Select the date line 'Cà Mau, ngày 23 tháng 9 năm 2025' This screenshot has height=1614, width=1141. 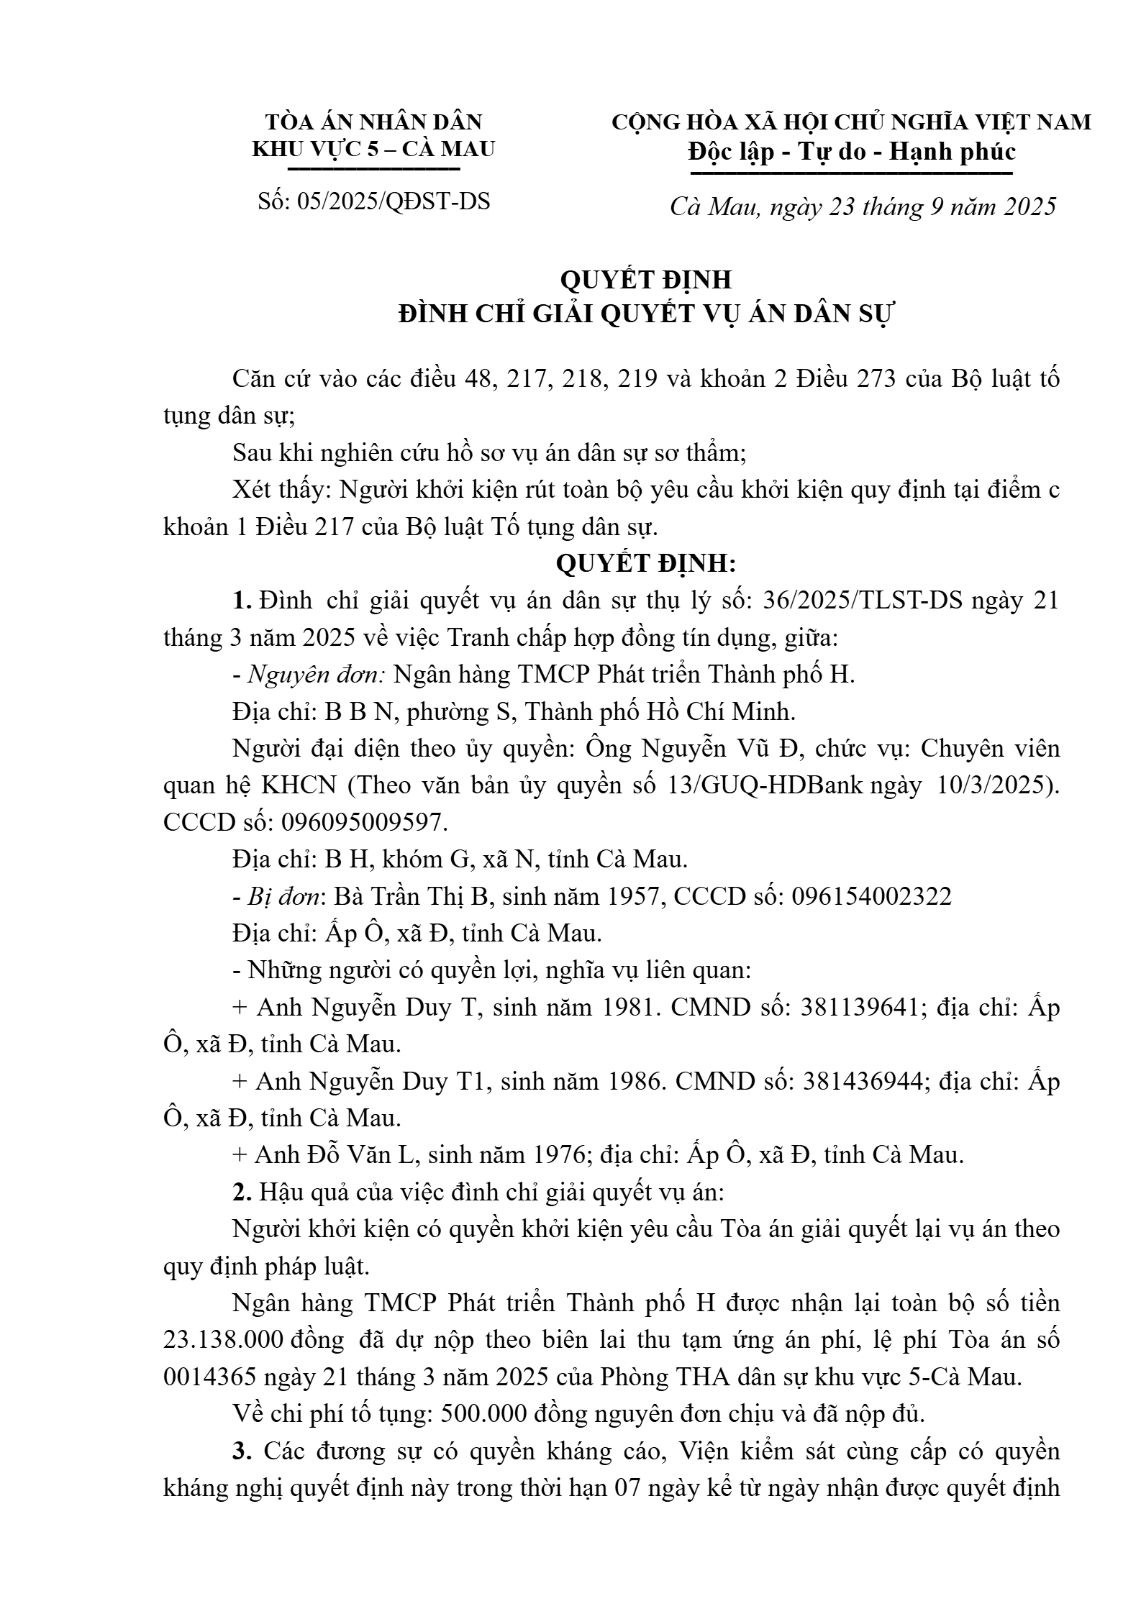(863, 207)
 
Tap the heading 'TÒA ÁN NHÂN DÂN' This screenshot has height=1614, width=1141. (373, 122)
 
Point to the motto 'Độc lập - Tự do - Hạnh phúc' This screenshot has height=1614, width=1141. (851, 152)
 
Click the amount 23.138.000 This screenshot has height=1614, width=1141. (227, 1340)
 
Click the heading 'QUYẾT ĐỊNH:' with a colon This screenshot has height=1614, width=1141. (645, 564)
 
